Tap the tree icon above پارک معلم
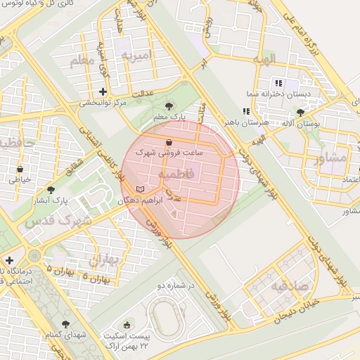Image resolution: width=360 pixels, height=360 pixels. point(167,106)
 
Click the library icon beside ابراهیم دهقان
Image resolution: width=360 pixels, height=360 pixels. point(140,189)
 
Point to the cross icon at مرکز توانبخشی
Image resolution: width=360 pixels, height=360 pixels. point(103,91)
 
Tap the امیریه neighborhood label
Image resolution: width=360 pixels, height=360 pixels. point(136,55)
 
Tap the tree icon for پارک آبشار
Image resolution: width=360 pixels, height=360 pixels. point(50,189)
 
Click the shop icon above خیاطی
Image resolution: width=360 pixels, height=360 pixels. point(20,169)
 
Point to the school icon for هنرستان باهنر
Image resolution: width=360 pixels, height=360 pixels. point(245,111)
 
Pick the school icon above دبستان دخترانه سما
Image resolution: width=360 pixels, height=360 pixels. point(278,83)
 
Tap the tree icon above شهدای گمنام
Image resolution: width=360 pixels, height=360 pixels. point(65,324)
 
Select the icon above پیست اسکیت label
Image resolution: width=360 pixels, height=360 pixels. point(127,325)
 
